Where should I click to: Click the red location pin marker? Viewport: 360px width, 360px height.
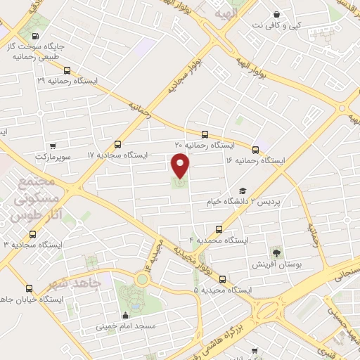pos(181,166)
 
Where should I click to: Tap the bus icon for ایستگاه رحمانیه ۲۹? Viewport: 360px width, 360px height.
pos(67,70)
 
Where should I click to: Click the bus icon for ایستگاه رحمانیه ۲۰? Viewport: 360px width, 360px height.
pos(205,134)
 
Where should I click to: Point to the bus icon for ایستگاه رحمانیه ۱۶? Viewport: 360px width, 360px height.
pos(255,149)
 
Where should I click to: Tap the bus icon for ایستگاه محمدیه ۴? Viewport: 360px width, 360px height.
pos(219,229)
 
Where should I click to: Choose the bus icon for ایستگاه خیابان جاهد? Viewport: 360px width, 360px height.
pos(29,288)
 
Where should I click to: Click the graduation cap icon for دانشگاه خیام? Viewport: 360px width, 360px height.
pos(243,191)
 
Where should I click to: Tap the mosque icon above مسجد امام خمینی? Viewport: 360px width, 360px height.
pos(125,316)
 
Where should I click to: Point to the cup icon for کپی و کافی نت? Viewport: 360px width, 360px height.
pos(276,15)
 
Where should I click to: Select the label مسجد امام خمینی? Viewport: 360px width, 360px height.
pos(126,327)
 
